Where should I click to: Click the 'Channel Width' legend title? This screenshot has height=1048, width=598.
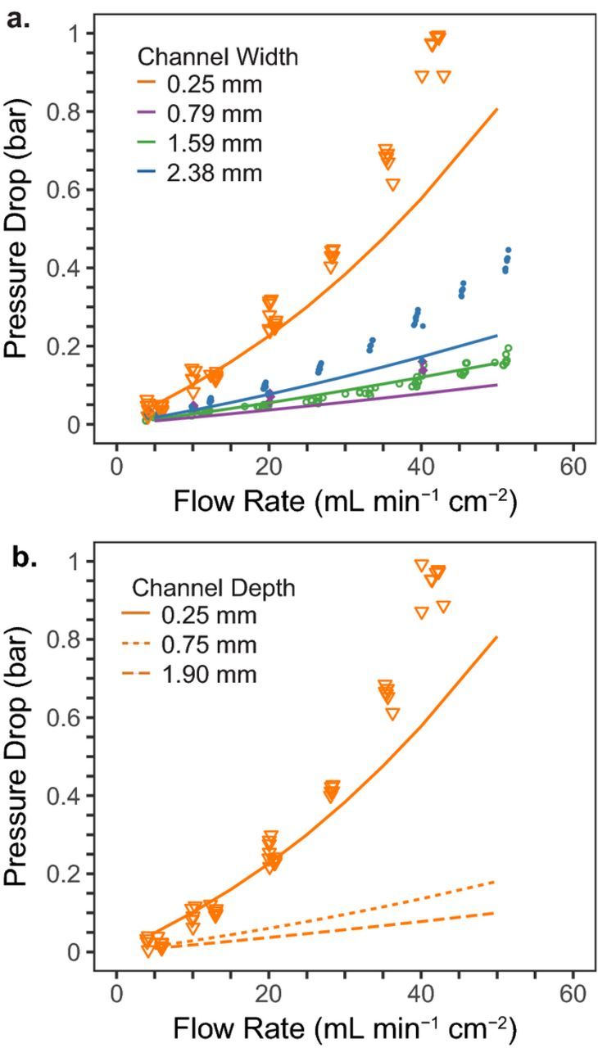(x=217, y=56)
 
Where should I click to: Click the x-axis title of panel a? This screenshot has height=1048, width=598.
(x=344, y=500)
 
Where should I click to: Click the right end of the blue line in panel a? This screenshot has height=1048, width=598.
(x=497, y=335)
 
